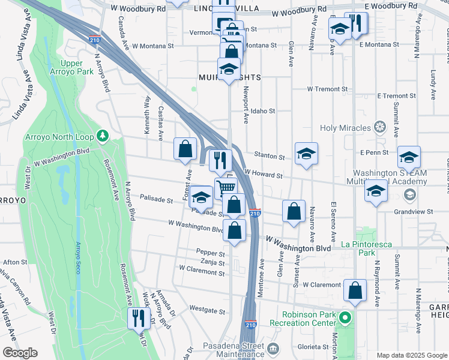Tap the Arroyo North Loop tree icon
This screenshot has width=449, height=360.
pyautogui.click(x=103, y=136)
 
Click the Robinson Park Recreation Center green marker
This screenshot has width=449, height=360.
pyautogui.click(x=345, y=317)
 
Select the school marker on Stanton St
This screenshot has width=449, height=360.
pyautogui.click(x=306, y=154)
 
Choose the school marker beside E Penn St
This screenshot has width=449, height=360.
pyautogui.click(x=409, y=157)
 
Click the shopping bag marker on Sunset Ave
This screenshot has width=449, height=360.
pyautogui.click(x=294, y=211)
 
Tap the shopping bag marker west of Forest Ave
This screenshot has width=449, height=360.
pyautogui.click(x=185, y=148)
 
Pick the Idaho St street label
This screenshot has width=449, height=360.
pyautogui.click(x=263, y=111)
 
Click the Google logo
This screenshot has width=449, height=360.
pyautogui.click(x=20, y=353)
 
